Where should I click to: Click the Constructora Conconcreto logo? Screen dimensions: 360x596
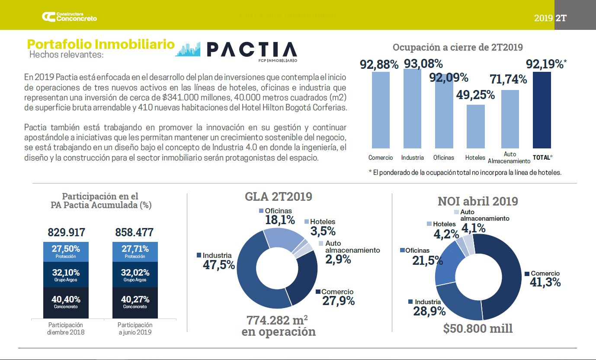pyautogui.click(x=69, y=17)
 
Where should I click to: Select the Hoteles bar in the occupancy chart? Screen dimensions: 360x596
pyautogui.click(x=475, y=126)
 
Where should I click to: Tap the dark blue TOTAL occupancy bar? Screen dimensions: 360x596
pyautogui.click(x=542, y=110)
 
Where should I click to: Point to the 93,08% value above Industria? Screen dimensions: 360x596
pyautogui.click(x=423, y=64)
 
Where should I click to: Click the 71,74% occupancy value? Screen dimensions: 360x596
pyautogui.click(x=508, y=79)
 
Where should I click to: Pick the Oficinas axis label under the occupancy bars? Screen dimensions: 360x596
pyautogui.click(x=443, y=157)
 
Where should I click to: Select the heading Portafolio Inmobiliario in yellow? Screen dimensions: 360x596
pyautogui.click(x=101, y=44)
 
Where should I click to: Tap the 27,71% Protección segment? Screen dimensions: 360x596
pyautogui.click(x=135, y=251)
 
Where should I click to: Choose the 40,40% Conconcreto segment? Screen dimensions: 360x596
pyautogui.click(x=66, y=302)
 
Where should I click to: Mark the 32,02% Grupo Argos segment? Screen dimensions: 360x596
pyautogui.click(x=135, y=275)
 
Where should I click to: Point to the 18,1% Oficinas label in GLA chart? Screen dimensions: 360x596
pyautogui.click(x=280, y=219)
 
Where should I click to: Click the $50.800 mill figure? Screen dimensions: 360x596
pyautogui.click(x=478, y=328)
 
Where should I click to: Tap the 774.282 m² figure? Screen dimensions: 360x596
pyautogui.click(x=277, y=321)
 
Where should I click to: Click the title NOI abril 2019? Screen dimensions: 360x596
pyautogui.click(x=477, y=201)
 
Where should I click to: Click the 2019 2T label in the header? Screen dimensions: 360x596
pyautogui.click(x=550, y=18)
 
